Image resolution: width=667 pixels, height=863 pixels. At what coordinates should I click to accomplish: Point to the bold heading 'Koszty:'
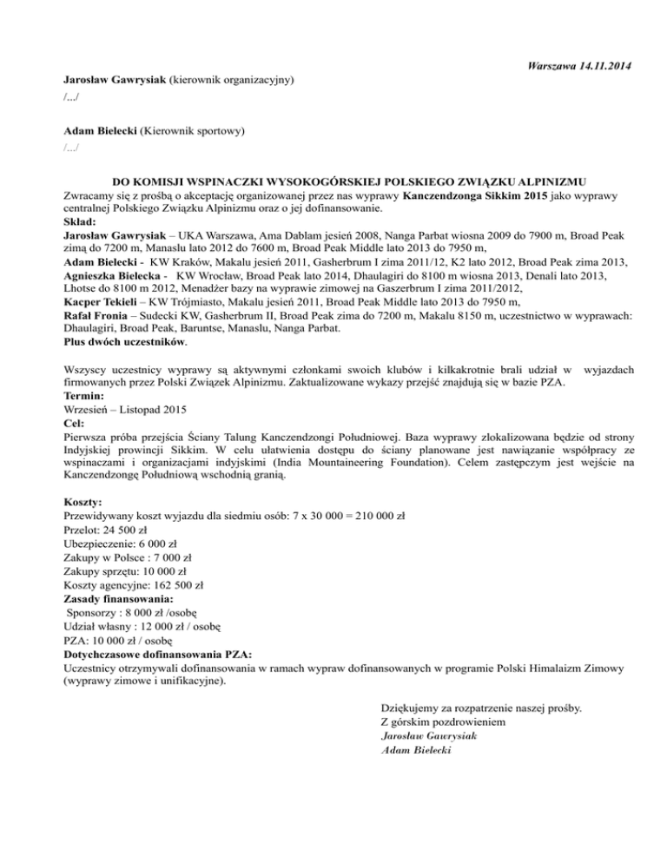coord(85,502)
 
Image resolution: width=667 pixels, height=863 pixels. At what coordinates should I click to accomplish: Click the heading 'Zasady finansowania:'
coord(119,598)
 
